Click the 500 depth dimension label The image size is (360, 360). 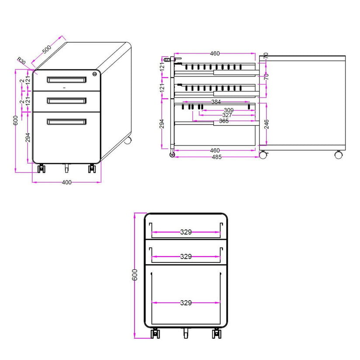click(x=47, y=49)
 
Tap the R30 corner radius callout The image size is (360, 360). click(x=21, y=61)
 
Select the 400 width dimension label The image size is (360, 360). click(x=66, y=182)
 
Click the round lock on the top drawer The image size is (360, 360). click(x=95, y=74)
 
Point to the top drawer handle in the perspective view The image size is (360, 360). click(x=66, y=80)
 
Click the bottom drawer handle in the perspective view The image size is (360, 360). click(x=66, y=122)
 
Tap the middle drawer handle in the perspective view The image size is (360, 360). click(x=66, y=100)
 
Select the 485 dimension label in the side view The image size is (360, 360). click(x=217, y=157)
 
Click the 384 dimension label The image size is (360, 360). click(x=216, y=102)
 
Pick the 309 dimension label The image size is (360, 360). click(x=228, y=110)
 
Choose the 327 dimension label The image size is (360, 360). click(x=227, y=115)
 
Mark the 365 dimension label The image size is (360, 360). click(x=224, y=121)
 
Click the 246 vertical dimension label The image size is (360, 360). click(x=267, y=124)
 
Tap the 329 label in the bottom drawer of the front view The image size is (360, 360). click(x=186, y=303)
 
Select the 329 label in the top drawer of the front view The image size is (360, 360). click(x=186, y=232)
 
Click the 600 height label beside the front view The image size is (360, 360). click(x=135, y=275)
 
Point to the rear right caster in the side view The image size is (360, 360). click(x=338, y=155)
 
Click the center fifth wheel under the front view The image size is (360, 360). click(x=186, y=332)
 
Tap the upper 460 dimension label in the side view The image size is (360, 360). click(x=215, y=53)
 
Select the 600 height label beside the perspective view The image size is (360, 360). click(x=15, y=120)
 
